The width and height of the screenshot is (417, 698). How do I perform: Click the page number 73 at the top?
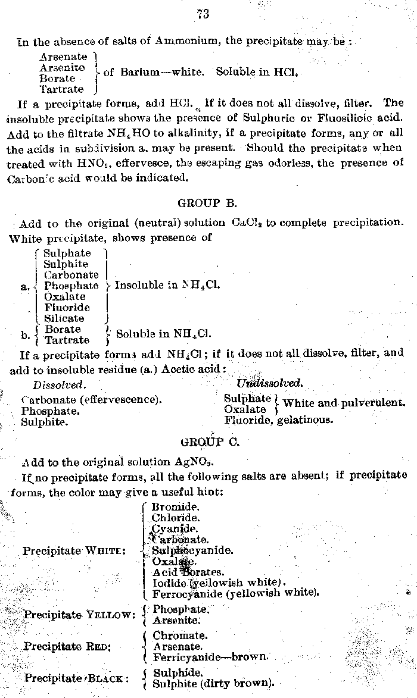[203, 14]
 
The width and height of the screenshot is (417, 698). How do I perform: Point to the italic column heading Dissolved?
[59, 385]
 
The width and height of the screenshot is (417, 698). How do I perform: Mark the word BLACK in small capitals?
[107, 678]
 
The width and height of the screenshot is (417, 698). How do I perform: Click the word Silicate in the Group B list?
[64, 318]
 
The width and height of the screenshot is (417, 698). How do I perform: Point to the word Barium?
[138, 72]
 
